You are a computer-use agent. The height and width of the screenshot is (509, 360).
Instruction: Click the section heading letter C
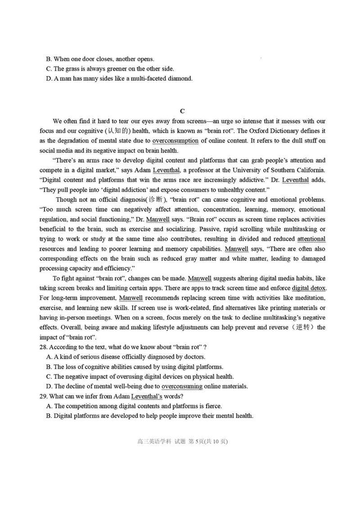pos(182,111)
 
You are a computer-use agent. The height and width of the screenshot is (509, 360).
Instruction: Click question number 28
pos(44,347)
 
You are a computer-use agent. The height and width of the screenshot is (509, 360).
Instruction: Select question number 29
pos(44,396)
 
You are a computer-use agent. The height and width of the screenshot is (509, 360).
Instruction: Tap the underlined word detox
pos(317,288)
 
